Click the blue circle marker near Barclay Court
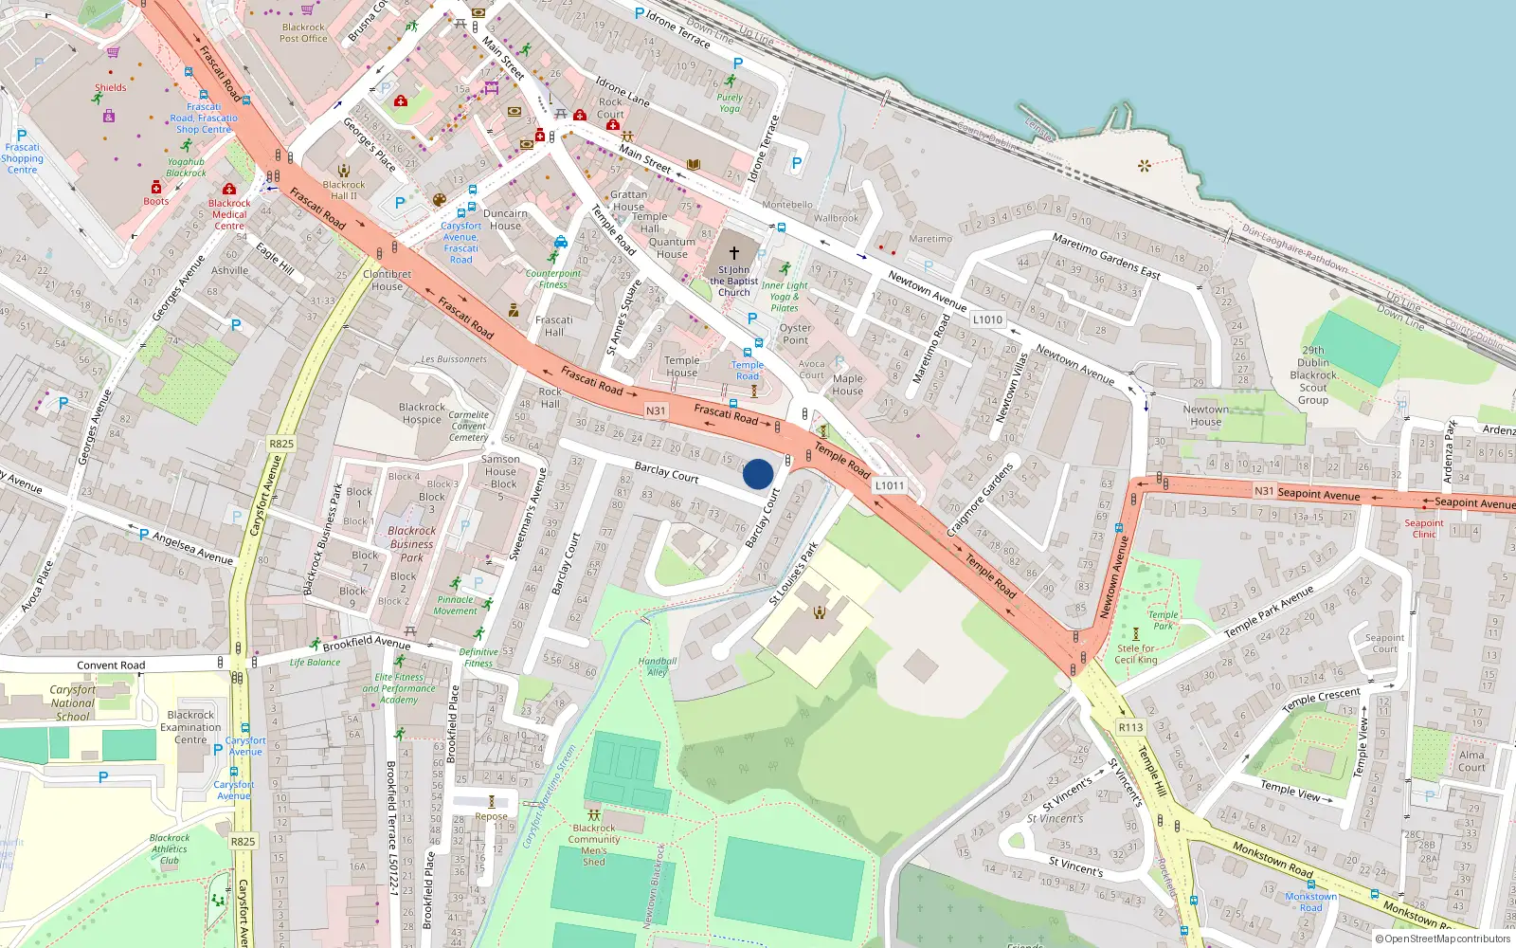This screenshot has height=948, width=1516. pos(758,474)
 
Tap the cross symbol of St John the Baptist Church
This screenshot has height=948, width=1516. pos(733,253)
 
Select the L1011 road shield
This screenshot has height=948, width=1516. pos(889,485)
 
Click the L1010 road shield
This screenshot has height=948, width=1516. pos(987,319)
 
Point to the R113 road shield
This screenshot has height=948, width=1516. pos(1130,727)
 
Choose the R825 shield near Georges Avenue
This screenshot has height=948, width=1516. pos(281,443)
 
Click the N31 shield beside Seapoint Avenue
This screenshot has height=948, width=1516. pos(1264,491)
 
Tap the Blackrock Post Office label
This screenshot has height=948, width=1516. pos(303,33)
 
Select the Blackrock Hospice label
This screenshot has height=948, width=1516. pos(422,413)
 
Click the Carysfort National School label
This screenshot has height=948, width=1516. pos(73,703)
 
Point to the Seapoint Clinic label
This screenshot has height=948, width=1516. pos(1424,528)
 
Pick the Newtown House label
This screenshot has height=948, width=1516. pos(1205,415)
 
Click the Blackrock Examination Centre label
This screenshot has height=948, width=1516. pos(190,727)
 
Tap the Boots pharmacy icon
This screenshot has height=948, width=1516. pos(156,188)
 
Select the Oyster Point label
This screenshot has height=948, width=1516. pos(795,334)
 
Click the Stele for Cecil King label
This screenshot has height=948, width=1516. pos(1136,654)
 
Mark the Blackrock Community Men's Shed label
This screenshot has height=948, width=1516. pos(594,845)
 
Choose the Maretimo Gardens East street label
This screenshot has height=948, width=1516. pos(1106,256)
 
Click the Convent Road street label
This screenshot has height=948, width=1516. pos(111,665)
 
